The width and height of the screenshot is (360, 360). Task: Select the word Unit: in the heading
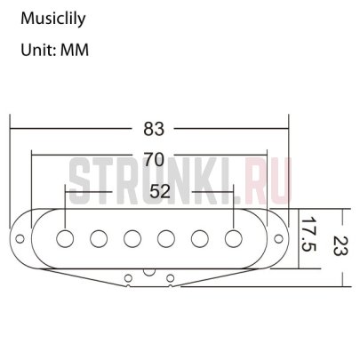36,51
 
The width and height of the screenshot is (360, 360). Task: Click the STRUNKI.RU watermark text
183,177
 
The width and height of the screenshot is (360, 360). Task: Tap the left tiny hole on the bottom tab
130,277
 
